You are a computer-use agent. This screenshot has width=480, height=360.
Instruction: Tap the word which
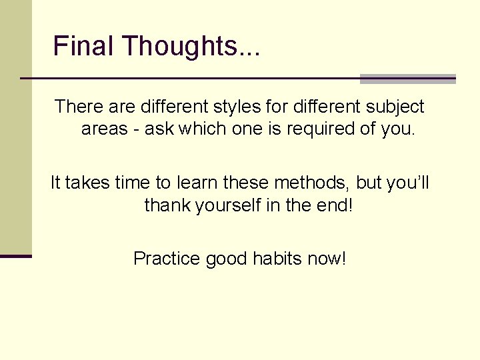pyautogui.click(x=200, y=129)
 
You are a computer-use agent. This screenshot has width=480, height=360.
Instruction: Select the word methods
pyautogui.click(x=310, y=183)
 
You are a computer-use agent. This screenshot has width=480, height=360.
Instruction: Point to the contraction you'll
pyautogui.click(x=408, y=183)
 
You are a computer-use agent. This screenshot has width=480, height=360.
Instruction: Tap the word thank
pyautogui.click(x=167, y=205)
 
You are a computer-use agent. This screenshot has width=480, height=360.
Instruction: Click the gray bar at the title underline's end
pyautogui.click(x=407, y=79)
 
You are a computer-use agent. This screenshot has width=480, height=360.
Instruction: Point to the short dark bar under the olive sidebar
pyautogui.click(x=16, y=256)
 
